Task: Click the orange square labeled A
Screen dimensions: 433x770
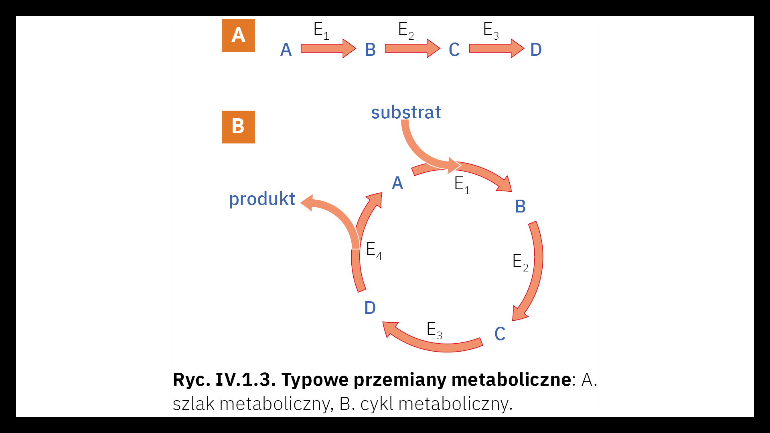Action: click(x=238, y=36)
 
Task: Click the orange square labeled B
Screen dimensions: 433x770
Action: click(x=238, y=127)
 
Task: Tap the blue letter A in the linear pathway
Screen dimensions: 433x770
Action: click(x=286, y=50)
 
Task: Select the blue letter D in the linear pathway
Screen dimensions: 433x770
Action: click(x=536, y=50)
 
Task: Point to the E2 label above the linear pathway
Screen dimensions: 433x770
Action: click(x=405, y=30)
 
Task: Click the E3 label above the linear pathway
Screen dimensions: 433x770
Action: click(x=490, y=30)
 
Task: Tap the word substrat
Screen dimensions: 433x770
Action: click(x=405, y=112)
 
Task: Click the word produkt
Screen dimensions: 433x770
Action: click(x=262, y=199)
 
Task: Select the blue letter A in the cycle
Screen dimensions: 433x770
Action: click(x=397, y=183)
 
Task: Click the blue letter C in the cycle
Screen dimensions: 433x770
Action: click(x=500, y=334)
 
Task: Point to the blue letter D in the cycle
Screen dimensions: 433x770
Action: click(x=370, y=308)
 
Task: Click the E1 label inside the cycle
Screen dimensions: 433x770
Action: click(x=462, y=185)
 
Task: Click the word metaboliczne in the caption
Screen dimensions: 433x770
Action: click(x=511, y=379)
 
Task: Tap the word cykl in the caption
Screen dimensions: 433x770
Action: click(x=377, y=403)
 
